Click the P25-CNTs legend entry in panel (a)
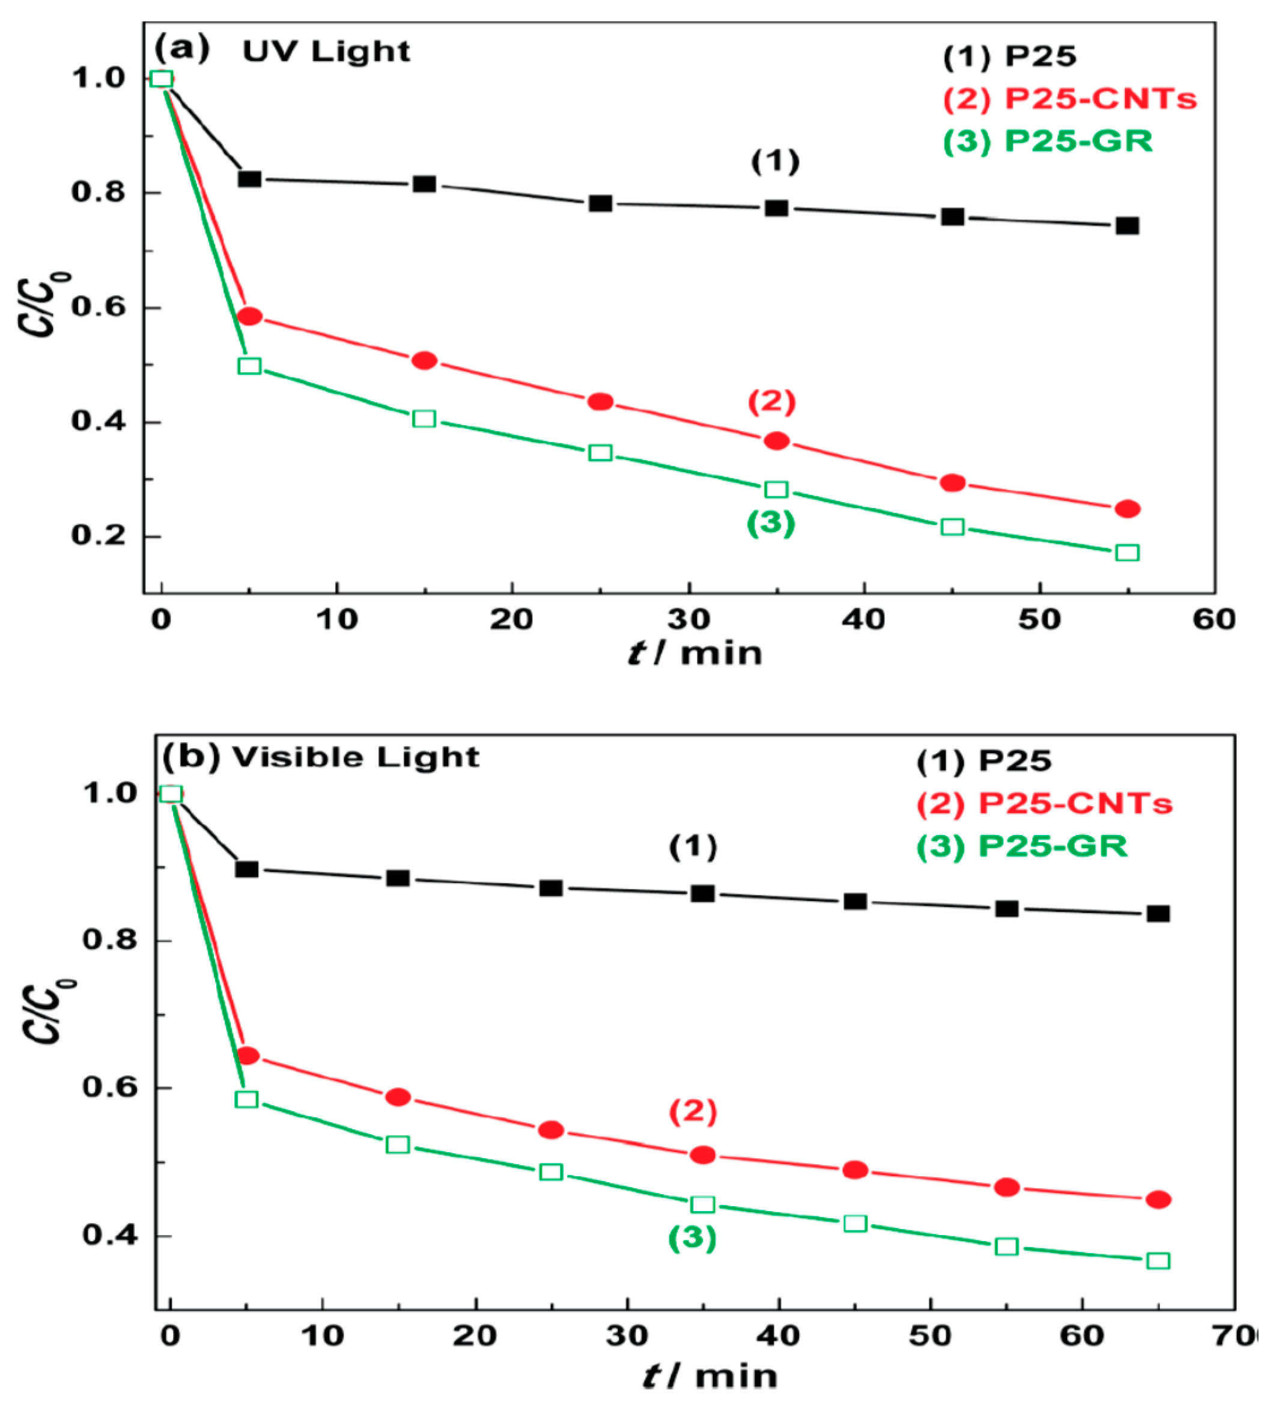(x=1069, y=99)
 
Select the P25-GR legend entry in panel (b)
(x=1022, y=846)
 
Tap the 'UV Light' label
(x=326, y=52)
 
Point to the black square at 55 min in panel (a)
(x=1127, y=226)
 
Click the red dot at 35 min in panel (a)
(x=777, y=441)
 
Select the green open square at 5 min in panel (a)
(x=249, y=366)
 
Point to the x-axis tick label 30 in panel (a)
(x=688, y=619)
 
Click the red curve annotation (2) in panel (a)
(x=772, y=402)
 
